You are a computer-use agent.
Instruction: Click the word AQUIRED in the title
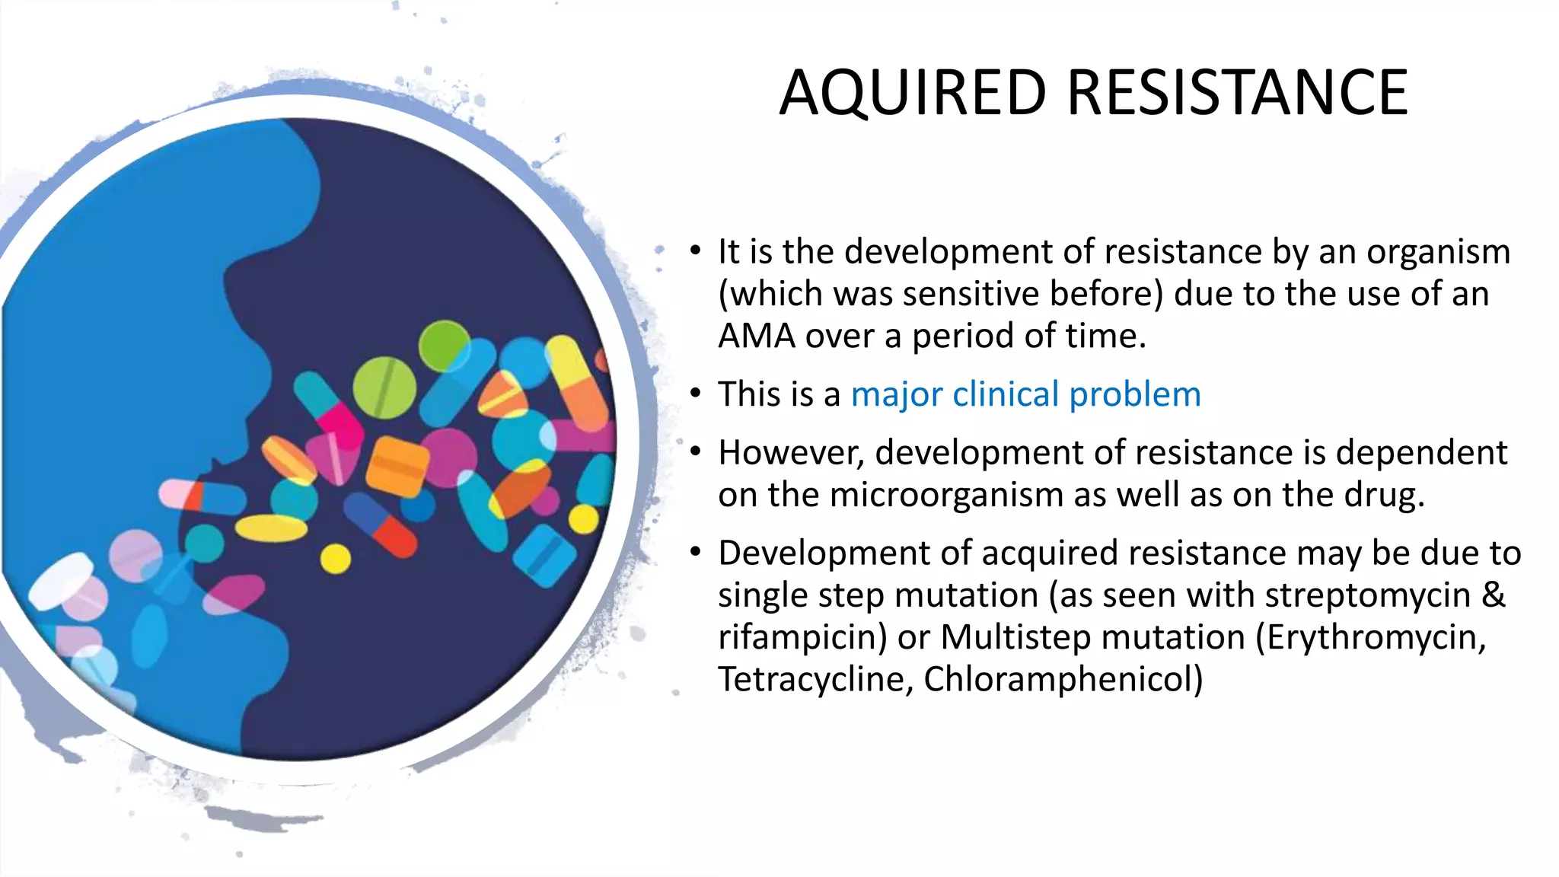pos(913,93)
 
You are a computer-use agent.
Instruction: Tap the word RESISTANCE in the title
pos(1237,93)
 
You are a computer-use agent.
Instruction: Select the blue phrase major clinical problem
pos(1025,394)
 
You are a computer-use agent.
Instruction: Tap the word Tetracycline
pos(815,679)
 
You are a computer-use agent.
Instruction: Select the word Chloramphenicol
pos(1063,679)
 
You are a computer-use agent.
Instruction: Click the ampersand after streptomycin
pos(1494,595)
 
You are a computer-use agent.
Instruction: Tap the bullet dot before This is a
pos(695,394)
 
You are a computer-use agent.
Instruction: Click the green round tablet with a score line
pos(384,387)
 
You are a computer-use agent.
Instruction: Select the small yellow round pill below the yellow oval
pos(335,559)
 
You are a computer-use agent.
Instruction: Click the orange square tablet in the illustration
pos(397,466)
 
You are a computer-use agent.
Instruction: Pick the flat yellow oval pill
pos(272,528)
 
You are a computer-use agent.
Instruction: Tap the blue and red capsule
pos(380,525)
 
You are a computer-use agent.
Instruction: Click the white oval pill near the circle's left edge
pos(61,581)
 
